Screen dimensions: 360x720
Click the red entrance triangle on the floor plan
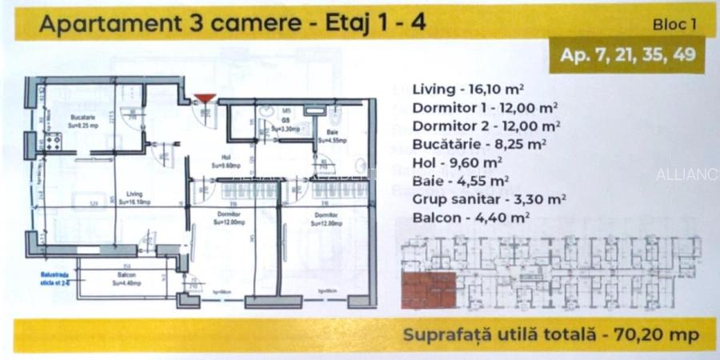coord(205,98)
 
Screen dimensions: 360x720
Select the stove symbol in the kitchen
coord(54,143)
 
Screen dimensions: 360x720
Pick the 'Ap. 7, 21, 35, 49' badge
coord(626,55)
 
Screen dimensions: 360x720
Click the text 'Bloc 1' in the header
coord(675,25)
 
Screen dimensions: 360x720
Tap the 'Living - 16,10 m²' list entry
coord(468,90)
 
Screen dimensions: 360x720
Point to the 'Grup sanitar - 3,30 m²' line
coord(490,199)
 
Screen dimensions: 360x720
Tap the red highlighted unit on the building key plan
coord(428,290)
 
